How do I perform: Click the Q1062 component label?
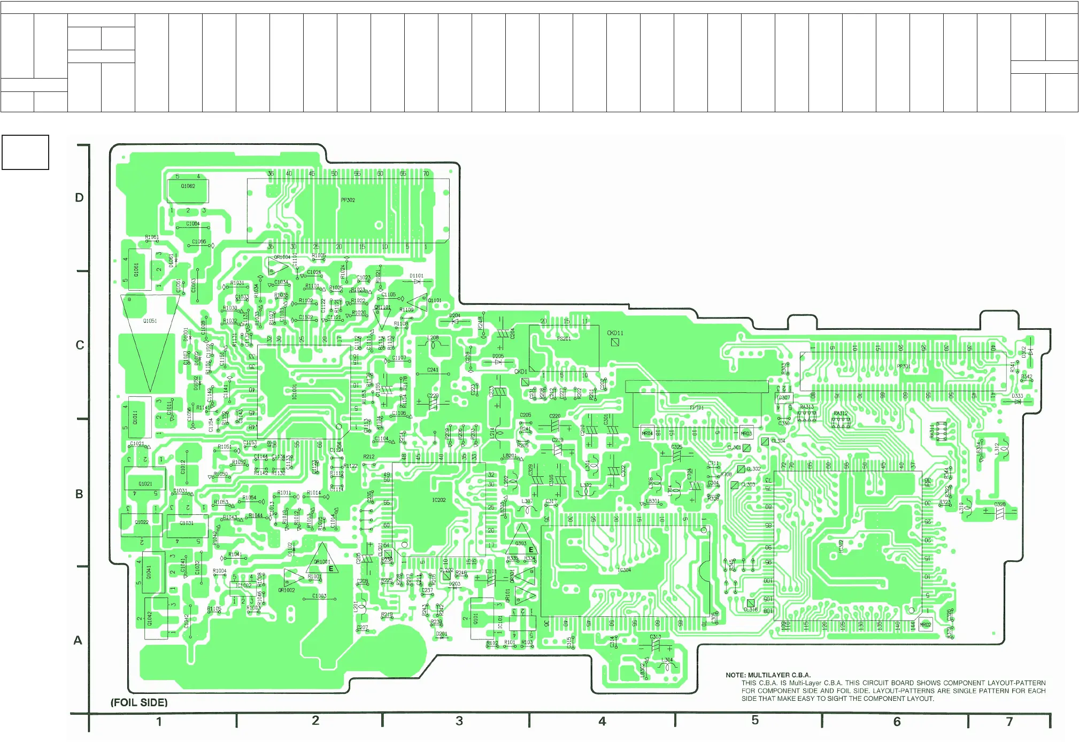(x=188, y=186)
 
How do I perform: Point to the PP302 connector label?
(x=348, y=200)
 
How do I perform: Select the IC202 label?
(x=438, y=500)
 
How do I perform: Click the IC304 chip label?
(x=624, y=570)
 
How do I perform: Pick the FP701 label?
(x=696, y=407)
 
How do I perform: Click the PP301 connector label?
(x=903, y=366)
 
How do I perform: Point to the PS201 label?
(x=564, y=338)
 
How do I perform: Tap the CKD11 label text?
(x=615, y=333)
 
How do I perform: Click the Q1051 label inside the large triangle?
(x=150, y=321)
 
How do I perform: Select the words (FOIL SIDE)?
(x=139, y=702)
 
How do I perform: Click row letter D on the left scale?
(x=79, y=198)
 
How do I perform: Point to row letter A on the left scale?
(x=78, y=640)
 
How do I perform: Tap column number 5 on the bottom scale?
(x=755, y=720)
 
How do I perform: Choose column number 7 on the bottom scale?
(x=1009, y=722)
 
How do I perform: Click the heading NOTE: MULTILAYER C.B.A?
(x=768, y=675)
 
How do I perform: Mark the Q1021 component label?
(x=145, y=484)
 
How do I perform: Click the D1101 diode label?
(x=417, y=276)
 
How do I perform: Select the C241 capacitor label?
(x=433, y=369)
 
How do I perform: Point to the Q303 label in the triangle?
(x=520, y=543)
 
